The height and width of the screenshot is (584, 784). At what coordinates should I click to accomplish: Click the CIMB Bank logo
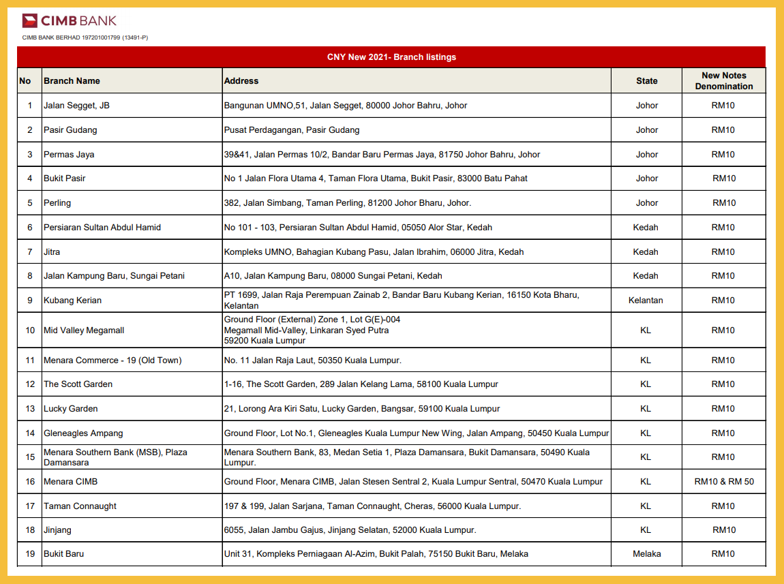pyautogui.click(x=69, y=20)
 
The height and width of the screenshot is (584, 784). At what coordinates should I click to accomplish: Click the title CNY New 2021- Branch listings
pyautogui.click(x=391, y=57)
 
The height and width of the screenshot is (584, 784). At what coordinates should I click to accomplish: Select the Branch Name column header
pyautogui.click(x=72, y=81)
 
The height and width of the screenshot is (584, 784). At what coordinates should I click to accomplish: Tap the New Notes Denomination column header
pyautogui.click(x=723, y=81)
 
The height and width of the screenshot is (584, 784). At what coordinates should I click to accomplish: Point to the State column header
pyautogui.click(x=646, y=81)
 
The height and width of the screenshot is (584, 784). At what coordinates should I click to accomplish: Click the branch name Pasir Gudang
pyautogui.click(x=70, y=130)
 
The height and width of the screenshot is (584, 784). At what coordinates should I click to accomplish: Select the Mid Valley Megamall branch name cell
pyautogui.click(x=84, y=331)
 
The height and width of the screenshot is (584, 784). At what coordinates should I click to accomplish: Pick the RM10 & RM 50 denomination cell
pyautogui.click(x=723, y=482)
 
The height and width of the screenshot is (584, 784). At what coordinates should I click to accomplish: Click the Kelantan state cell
pyautogui.click(x=646, y=301)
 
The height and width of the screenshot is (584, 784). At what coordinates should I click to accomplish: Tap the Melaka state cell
pyautogui.click(x=646, y=554)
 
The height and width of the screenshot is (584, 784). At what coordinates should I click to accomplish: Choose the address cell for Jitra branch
pyautogui.click(x=374, y=252)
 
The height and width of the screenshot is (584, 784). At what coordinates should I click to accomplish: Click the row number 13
pyautogui.click(x=29, y=409)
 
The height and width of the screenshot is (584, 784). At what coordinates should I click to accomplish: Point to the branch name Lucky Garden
pyautogui.click(x=71, y=409)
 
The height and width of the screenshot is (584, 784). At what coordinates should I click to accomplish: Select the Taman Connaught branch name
pyautogui.click(x=80, y=506)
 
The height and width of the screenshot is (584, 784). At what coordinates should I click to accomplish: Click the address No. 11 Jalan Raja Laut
pyautogui.click(x=312, y=360)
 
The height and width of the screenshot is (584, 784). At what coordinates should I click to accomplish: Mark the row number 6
pyautogui.click(x=29, y=228)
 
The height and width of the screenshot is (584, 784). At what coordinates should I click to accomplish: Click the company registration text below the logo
pyautogui.click(x=85, y=37)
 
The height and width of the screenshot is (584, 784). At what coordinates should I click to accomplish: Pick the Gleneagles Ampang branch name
pyautogui.click(x=83, y=433)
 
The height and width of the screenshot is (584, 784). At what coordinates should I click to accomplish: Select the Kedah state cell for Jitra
pyautogui.click(x=646, y=252)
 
